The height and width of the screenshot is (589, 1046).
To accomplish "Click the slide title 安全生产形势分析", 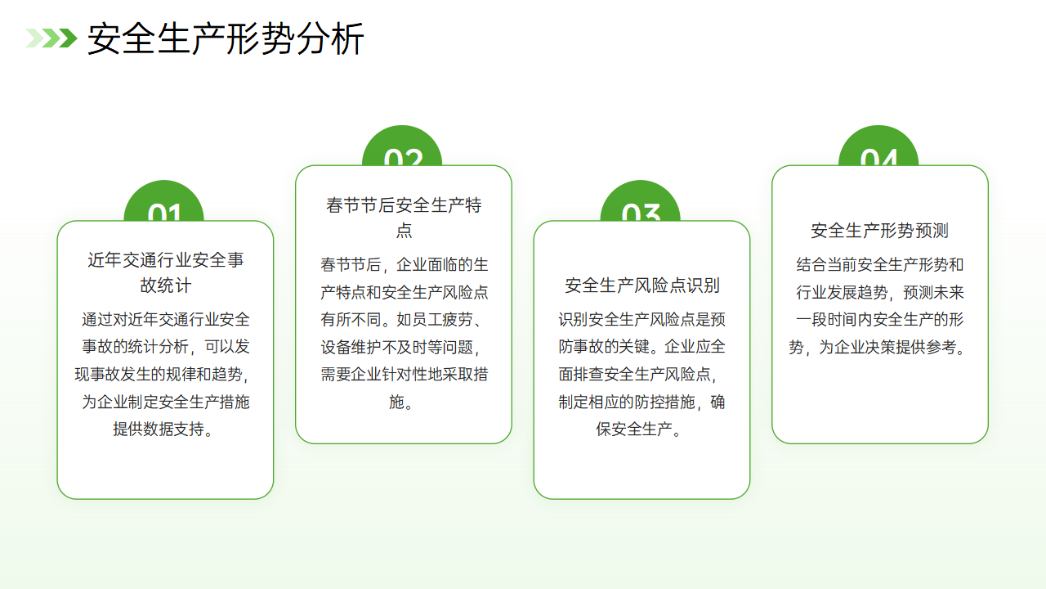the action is pyautogui.click(x=226, y=38).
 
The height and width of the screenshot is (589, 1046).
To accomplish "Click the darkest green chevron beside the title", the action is pyautogui.click(x=68, y=38).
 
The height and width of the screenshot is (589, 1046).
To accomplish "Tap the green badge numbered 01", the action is pyautogui.click(x=164, y=201).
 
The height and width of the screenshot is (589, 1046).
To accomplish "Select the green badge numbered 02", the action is pyautogui.click(x=402, y=146).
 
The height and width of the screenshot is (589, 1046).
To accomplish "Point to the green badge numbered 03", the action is pyautogui.click(x=640, y=201).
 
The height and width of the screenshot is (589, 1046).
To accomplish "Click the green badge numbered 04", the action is pyautogui.click(x=878, y=146).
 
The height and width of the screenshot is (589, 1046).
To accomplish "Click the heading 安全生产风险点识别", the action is pyautogui.click(x=642, y=286).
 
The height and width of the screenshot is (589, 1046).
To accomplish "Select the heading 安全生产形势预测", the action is pyautogui.click(x=880, y=231).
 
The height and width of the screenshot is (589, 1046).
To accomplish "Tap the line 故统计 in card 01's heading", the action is pyautogui.click(x=166, y=286).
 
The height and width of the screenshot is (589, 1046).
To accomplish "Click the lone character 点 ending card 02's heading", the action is pyautogui.click(x=404, y=230).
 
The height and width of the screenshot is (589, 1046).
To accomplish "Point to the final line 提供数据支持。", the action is pyautogui.click(x=163, y=429).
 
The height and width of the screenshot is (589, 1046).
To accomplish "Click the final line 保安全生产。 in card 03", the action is pyautogui.click(x=638, y=429).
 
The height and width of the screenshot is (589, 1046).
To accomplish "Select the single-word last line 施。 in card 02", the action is pyautogui.click(x=400, y=402).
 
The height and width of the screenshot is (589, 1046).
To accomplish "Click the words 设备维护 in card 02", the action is pyautogui.click(x=351, y=347).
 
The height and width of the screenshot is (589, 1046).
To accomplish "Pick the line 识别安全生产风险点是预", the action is pyautogui.click(x=641, y=320).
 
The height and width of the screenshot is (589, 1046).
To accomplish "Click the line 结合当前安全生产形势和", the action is pyautogui.click(x=880, y=264).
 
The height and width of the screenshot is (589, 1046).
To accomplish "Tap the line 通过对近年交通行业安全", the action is pyautogui.click(x=166, y=320).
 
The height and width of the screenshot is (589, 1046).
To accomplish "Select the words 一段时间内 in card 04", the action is pyautogui.click(x=834, y=320).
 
